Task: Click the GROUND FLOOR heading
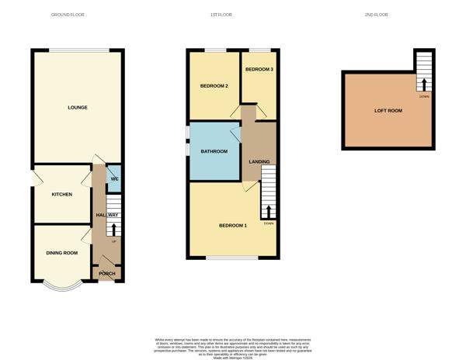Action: [x=68, y=15]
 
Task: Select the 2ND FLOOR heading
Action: [x=375, y=15]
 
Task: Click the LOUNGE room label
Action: [x=77, y=107]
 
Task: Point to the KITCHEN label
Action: [x=61, y=194]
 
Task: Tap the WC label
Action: [x=114, y=179]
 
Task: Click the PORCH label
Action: [x=106, y=273]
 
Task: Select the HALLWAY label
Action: [x=106, y=215]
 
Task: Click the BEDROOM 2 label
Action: [x=214, y=85]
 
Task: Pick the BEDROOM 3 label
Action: [x=259, y=70]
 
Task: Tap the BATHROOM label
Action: [x=214, y=151]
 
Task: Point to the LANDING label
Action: [x=259, y=161]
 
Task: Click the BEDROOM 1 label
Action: [x=232, y=225]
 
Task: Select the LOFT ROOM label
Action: [x=388, y=111]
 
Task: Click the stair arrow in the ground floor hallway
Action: [x=114, y=229]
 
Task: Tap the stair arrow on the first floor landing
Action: [x=269, y=212]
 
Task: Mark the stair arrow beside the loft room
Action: [x=424, y=84]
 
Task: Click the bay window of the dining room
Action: [x=63, y=287]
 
